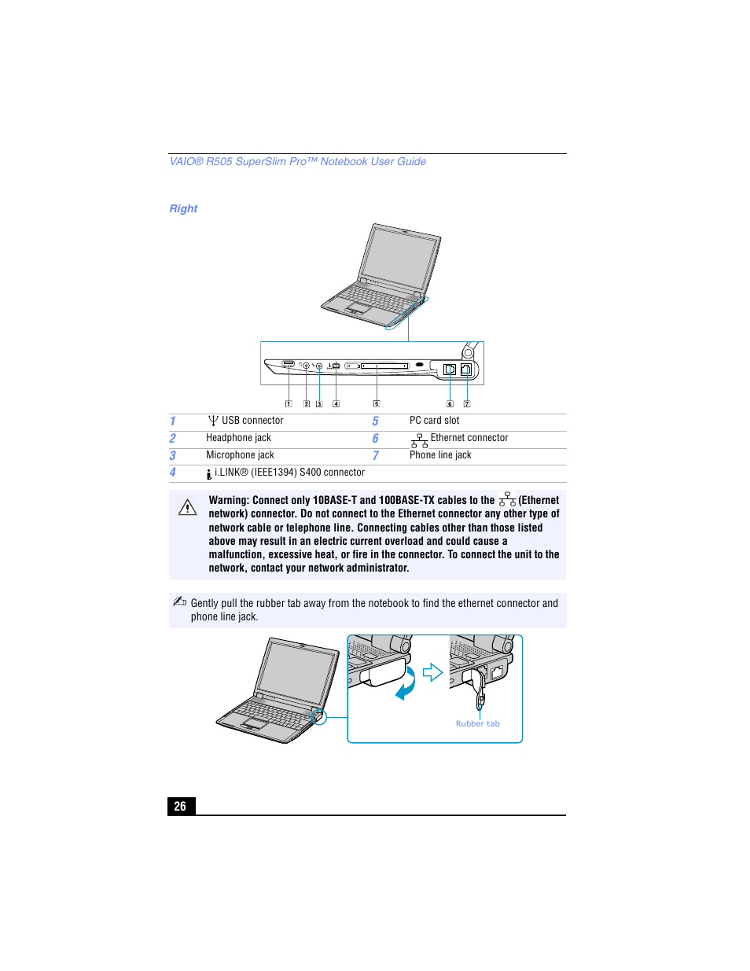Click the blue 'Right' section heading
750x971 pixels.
pos(183,208)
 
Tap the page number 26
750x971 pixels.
pos(180,806)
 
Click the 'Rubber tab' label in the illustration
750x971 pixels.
pos(477,723)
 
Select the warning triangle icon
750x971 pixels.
pos(187,508)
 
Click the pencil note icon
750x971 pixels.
pos(179,601)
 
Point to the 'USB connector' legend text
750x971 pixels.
pos(252,421)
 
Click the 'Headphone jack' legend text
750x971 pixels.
pos(238,438)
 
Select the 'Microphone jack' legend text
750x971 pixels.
pos(240,455)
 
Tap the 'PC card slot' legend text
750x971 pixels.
pos(434,421)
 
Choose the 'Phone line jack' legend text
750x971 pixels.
pos(440,455)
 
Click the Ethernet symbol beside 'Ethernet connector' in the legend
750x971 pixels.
pos(419,440)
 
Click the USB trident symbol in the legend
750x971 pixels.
pos(213,421)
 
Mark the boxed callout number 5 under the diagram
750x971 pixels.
pos(377,404)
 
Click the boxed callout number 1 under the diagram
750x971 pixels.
pos(289,404)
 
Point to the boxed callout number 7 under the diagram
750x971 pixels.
pos(467,404)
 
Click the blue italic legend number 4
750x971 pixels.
pos(173,473)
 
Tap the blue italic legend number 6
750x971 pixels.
pos(375,439)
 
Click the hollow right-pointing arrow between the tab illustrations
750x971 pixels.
pos(432,672)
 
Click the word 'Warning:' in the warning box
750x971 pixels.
pos(229,500)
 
